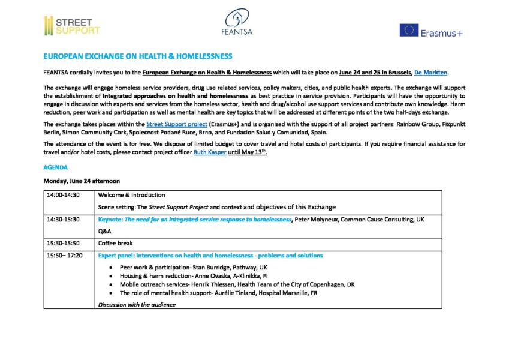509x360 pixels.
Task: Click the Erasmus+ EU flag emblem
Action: (409, 30)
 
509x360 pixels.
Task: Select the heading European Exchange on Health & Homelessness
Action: (137, 56)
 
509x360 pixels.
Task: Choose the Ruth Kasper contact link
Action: (210, 152)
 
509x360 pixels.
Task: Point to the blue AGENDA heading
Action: (56, 167)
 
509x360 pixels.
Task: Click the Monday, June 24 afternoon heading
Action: (82, 181)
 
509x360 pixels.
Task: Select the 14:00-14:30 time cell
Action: (63, 195)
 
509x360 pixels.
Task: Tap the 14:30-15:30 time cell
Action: (63, 220)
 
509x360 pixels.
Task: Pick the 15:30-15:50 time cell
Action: (63, 244)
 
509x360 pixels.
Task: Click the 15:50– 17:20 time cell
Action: (64, 256)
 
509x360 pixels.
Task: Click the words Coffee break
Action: (116, 244)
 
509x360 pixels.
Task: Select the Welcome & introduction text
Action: (131, 195)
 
